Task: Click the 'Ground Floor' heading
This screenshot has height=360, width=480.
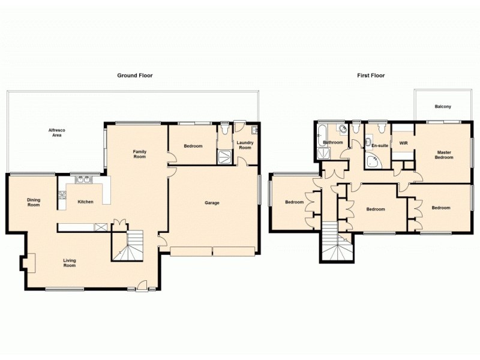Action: [134, 76]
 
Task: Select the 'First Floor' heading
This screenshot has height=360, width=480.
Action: [370, 76]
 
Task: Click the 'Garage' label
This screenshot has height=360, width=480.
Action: [212, 203]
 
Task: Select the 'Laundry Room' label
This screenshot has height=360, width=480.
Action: [244, 145]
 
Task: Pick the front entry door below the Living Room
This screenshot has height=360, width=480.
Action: [142, 287]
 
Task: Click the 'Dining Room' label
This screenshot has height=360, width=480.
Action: [33, 202]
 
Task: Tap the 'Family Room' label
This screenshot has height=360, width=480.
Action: [140, 155]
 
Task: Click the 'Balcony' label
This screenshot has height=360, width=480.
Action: [443, 107]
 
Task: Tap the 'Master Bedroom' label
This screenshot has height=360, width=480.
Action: [445, 155]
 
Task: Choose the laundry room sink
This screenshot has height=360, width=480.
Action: [255, 129]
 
